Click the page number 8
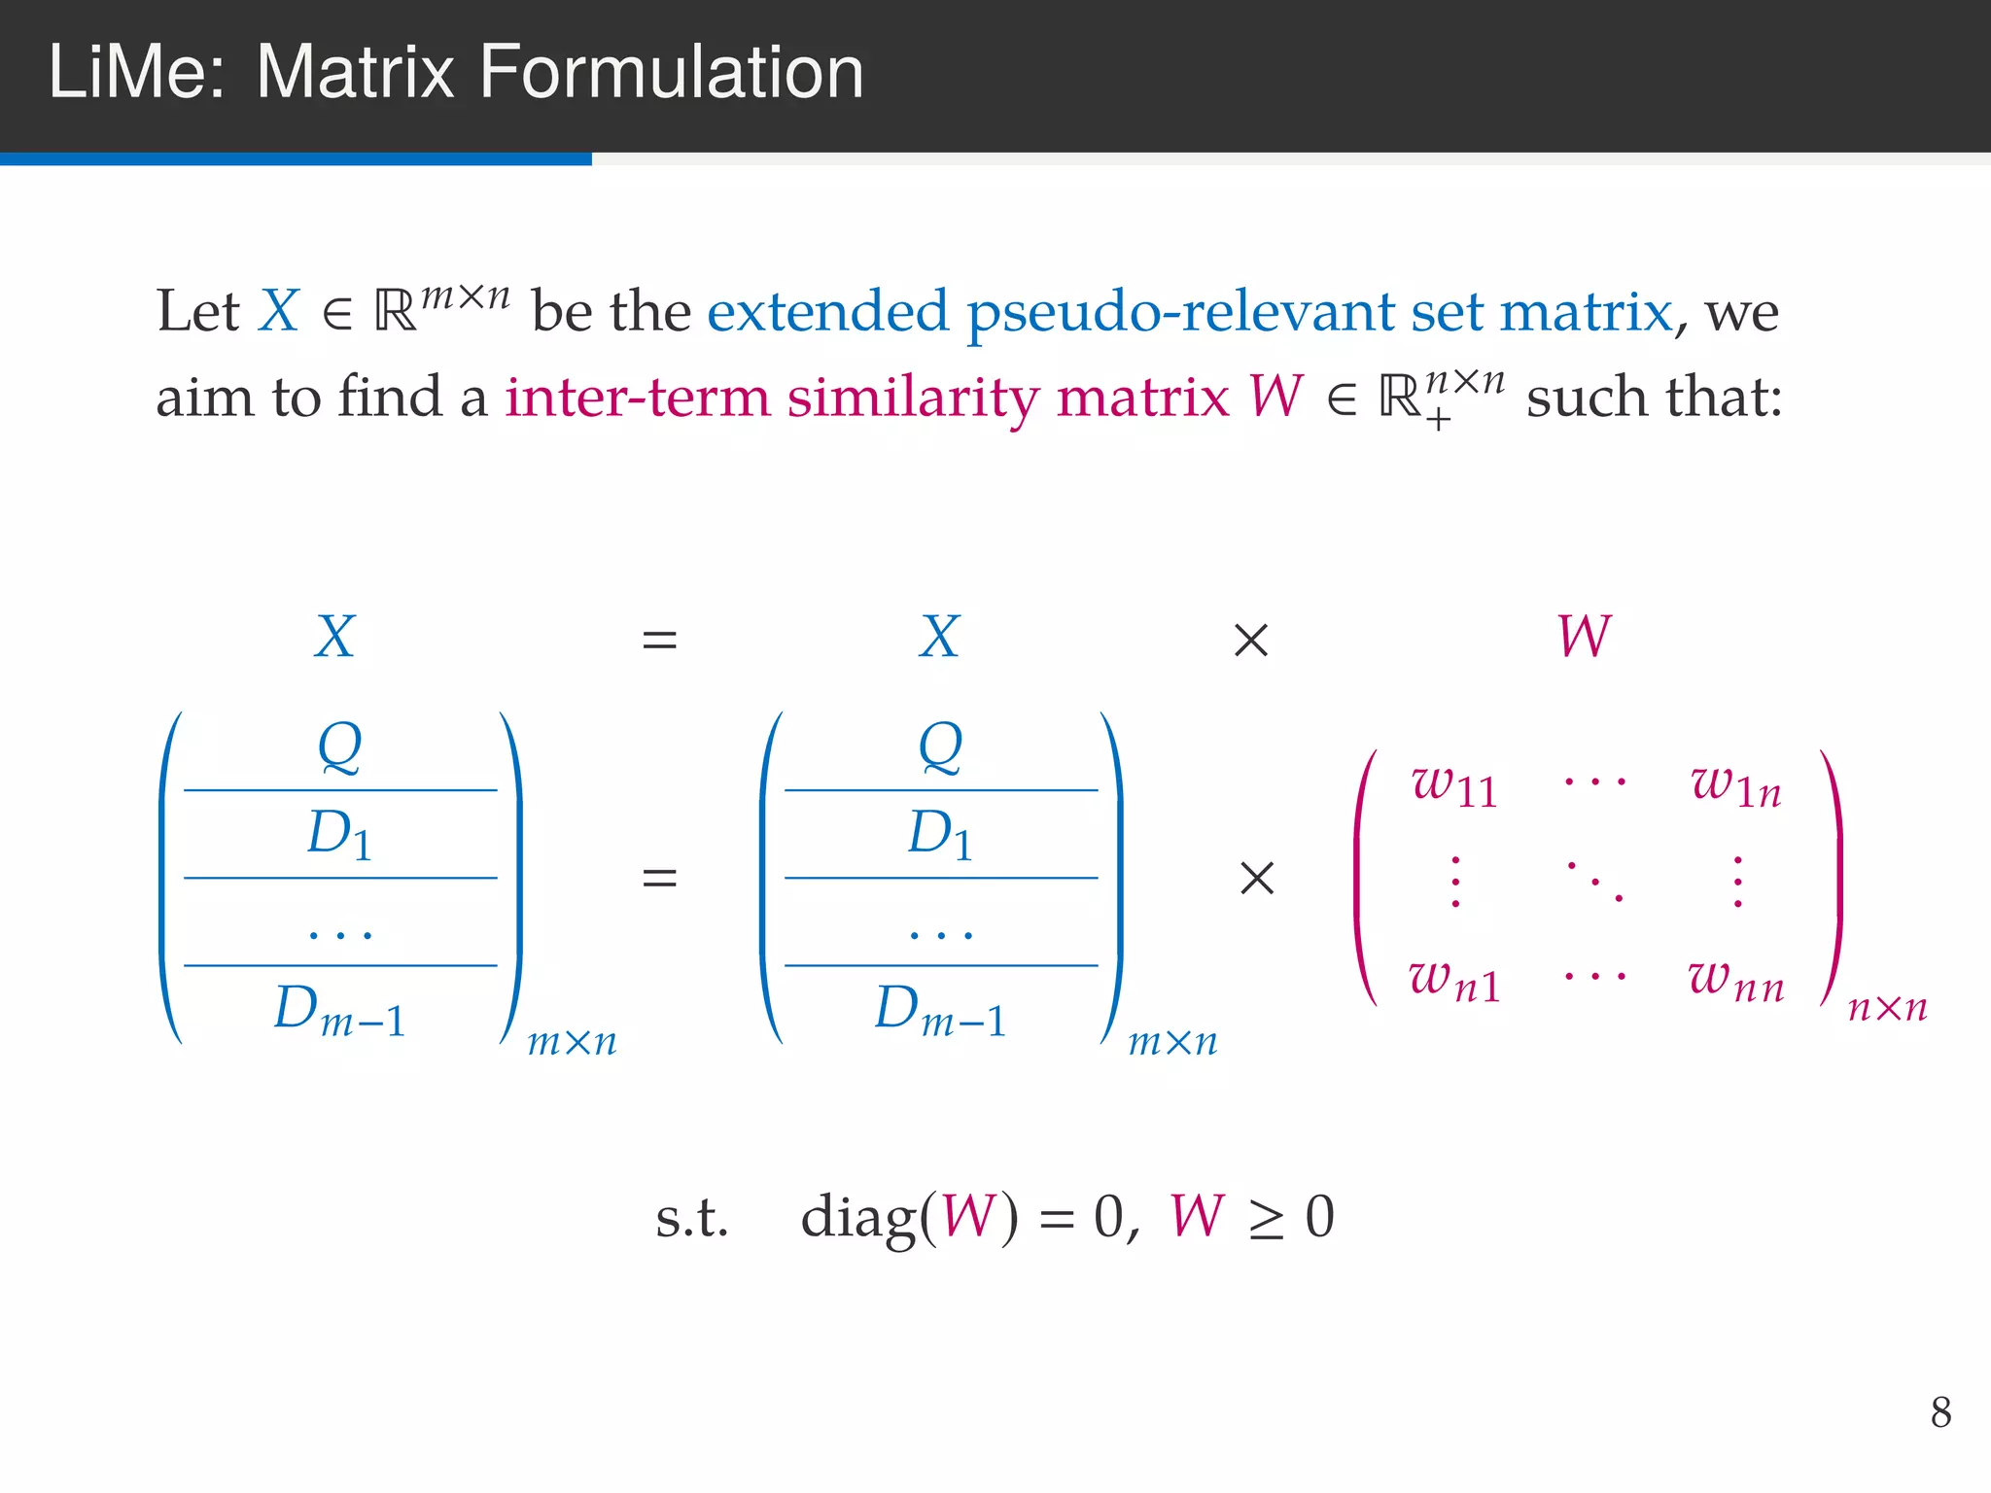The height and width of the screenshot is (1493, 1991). click(1940, 1412)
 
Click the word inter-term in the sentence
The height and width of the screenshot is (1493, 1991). click(637, 399)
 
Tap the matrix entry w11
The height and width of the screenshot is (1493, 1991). click(1454, 785)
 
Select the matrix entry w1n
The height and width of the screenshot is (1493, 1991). click(1736, 785)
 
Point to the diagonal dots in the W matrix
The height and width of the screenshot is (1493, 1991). click(1595, 881)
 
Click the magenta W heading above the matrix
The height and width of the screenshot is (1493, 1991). click(1584, 637)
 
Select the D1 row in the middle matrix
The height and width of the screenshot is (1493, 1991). click(940, 835)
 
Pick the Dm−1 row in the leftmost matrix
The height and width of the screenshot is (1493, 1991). click(339, 1011)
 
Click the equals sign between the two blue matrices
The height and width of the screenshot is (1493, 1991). click(659, 879)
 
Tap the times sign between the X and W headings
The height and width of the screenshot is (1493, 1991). click(1250, 641)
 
